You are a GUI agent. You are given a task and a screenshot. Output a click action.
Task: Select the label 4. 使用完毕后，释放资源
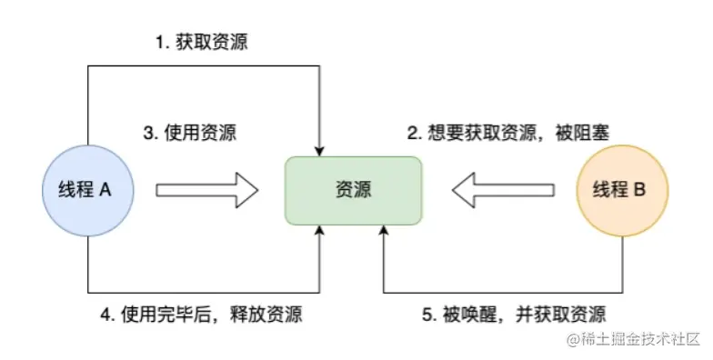click(200, 315)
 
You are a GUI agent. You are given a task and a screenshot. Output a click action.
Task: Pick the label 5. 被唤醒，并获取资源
click(513, 315)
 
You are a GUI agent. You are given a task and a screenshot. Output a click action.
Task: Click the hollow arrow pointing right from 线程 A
click(207, 190)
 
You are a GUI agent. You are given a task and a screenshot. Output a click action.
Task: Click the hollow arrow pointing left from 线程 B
click(503, 190)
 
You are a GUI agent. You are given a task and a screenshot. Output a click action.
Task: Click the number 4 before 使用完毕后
click(105, 315)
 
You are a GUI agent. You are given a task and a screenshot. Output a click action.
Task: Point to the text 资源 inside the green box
click(353, 190)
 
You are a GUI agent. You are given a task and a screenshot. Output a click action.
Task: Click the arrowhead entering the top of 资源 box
click(320, 149)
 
